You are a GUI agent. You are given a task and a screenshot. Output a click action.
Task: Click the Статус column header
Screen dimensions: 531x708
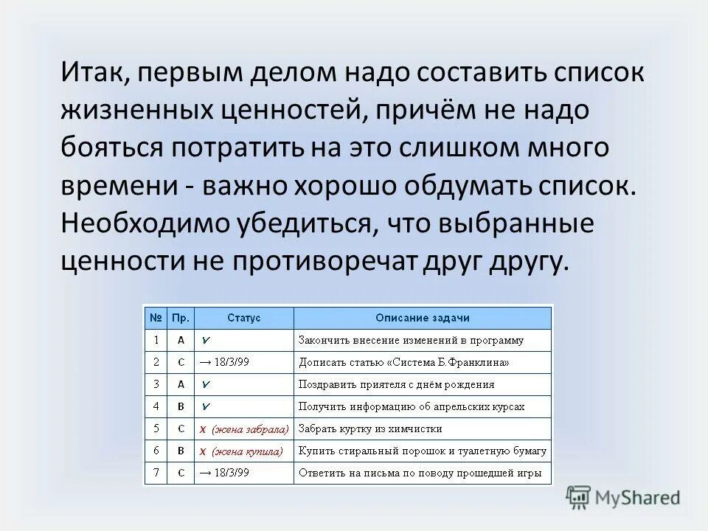243,318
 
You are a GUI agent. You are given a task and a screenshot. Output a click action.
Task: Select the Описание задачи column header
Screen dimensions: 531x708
422,318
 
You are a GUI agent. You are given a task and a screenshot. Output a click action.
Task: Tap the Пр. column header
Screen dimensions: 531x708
181,318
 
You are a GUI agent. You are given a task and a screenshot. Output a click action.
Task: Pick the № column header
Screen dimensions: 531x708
156,318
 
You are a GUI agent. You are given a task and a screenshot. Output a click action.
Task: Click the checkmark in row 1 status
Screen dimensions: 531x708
207,340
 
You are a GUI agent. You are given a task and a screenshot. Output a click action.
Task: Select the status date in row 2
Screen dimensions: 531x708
224,362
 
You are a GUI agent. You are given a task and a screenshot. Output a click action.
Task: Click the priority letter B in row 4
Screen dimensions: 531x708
181,406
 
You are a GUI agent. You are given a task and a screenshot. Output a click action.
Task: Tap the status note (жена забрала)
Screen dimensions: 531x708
243,428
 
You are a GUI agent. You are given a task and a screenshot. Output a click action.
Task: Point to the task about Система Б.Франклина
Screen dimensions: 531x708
403,362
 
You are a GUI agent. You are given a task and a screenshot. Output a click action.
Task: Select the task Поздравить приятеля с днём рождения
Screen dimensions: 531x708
396,384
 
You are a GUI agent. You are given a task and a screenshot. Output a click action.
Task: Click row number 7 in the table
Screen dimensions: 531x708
156,473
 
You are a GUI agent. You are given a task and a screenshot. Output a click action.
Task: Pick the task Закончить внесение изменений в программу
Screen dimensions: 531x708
410,340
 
